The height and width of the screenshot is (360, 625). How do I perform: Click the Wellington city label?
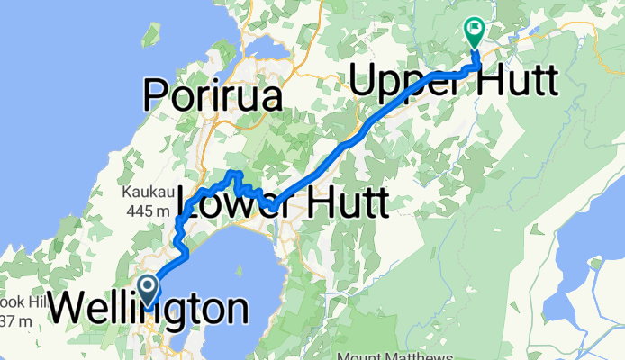coord(148,310)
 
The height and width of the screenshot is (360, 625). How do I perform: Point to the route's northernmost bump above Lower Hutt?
coord(235,172)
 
